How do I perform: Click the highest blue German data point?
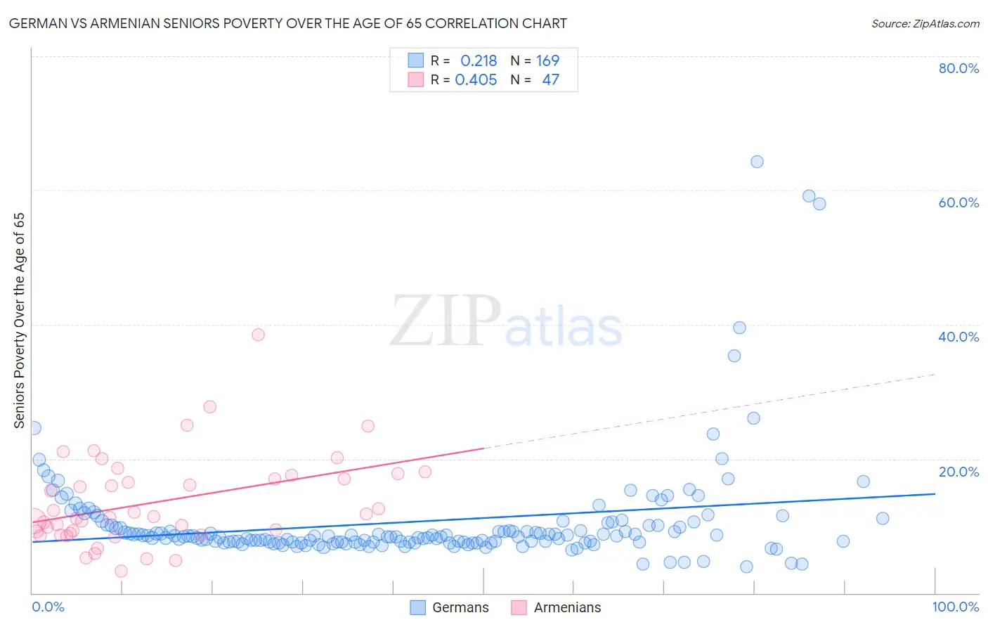pos(757,162)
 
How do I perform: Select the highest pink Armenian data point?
pos(258,335)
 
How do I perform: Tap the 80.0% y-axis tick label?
pos(958,68)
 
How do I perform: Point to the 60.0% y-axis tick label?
pos(958,202)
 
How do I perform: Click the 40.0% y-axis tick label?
pos(958,337)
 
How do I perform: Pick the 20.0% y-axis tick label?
pos(958,472)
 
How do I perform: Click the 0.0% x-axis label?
pos(48,607)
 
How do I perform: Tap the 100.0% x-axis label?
pos(955,607)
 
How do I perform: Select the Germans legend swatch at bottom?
pos(418,607)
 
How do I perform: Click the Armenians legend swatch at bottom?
pos(519,607)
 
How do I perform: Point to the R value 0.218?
pos(479,61)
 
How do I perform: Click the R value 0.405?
pos(476,80)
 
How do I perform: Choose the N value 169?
pos(547,61)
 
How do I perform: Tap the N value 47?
pos(550,80)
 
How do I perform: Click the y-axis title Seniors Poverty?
pos(19,321)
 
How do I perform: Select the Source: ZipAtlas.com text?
pos(925,24)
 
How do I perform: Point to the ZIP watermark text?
pos(446,322)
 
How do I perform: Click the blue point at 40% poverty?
pos(739,328)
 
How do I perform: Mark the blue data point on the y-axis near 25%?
pos(34,427)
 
